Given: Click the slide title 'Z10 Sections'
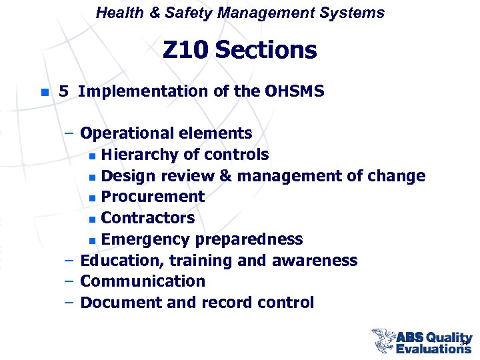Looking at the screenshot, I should click(240, 50).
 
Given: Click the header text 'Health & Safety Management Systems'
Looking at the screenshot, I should click(240, 13).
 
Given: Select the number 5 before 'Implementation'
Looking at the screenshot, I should click(63, 91).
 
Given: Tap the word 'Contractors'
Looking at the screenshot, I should click(148, 218).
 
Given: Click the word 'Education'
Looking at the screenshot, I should click(118, 261).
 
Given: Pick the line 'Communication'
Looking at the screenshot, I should click(143, 281).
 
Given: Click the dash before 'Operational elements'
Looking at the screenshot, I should click(69, 133).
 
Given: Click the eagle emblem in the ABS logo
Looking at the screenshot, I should click(383, 340).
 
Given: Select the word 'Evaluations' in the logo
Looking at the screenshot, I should click(433, 348).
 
